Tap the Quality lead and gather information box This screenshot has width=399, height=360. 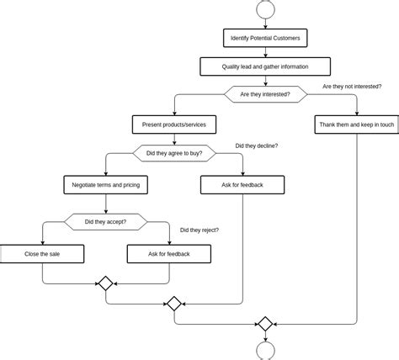pos(265,66)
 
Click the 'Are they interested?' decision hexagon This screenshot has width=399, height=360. pos(265,94)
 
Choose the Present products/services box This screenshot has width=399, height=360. pos(174,124)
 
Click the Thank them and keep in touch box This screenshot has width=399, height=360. pos(356,124)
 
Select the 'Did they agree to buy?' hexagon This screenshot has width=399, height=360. pos(174,153)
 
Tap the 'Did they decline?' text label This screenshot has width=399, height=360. pos(256,146)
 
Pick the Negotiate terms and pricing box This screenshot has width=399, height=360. pos(106,184)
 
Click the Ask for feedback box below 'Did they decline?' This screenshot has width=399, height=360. pos(242,184)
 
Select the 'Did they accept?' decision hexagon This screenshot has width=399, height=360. pos(106,222)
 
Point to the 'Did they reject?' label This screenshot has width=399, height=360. pos(199,230)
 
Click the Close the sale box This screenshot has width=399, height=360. pos(42,253)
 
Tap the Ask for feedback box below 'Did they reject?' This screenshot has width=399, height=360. pos(168,253)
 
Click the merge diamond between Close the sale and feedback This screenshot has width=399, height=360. pos(106,283)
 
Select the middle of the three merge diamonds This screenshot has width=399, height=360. pos(174,304)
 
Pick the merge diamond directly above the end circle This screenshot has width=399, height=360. pos(265,324)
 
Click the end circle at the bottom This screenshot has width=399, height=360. pos(265,352)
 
